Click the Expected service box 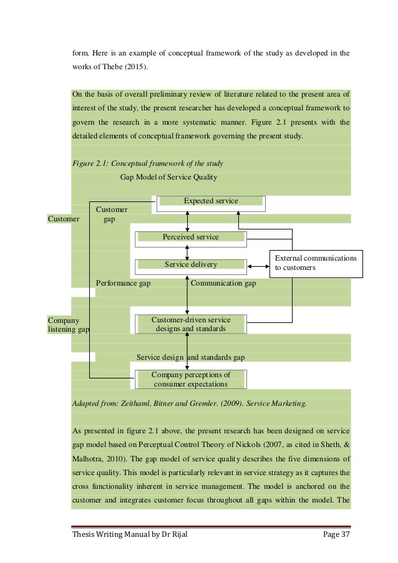[x=210, y=201]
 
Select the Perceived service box [x=190, y=237]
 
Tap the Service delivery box [x=190, y=265]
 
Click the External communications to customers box [x=316, y=262]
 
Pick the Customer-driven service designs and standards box [x=190, y=324]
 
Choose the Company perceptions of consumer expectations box [x=190, y=379]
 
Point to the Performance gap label [x=123, y=283]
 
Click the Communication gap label [x=223, y=283]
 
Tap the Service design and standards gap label [x=190, y=357]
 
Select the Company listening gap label [x=68, y=324]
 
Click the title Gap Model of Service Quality [x=168, y=177]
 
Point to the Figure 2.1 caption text [x=147, y=163]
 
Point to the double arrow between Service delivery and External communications [x=258, y=267]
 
